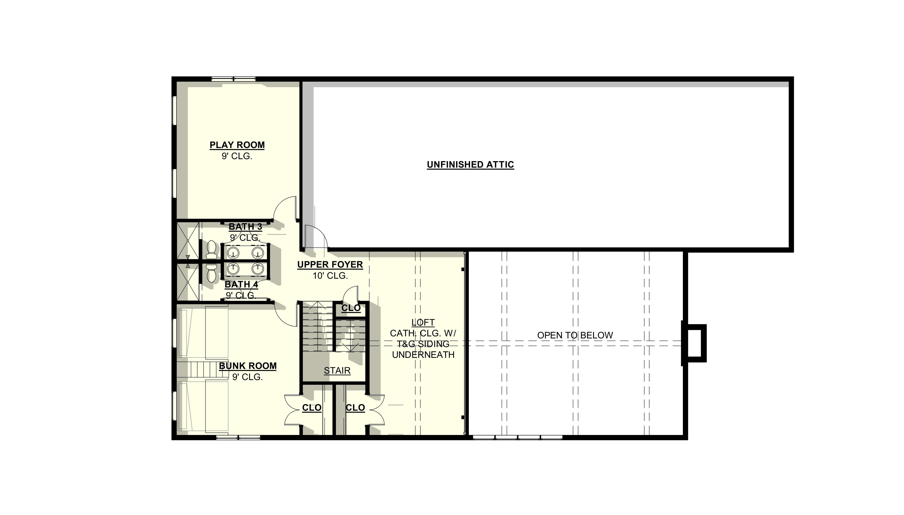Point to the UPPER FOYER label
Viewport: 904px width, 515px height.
330,265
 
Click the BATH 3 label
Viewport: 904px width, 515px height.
245,226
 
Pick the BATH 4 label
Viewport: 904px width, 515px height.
241,284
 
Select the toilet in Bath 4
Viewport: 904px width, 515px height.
212,272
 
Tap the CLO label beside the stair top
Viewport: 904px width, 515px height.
351,308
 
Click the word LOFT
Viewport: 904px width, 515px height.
423,322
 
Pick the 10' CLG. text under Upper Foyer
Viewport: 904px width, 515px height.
330,275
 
